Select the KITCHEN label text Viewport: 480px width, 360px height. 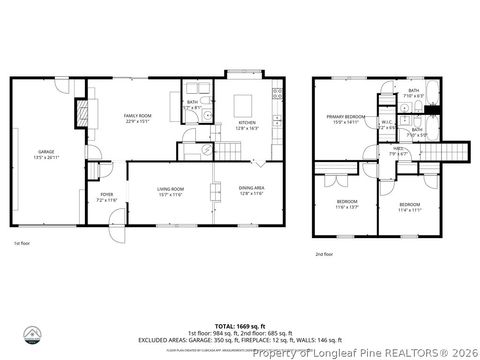[x=246, y=123]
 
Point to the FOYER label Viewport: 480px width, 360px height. [x=106, y=196]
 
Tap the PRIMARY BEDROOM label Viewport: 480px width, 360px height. [x=349, y=117]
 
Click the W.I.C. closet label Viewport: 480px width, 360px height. [x=386, y=124]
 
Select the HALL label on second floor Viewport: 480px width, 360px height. [x=397, y=149]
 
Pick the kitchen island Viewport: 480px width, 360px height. [x=245, y=104]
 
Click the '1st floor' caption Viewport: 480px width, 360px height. [x=22, y=243]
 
